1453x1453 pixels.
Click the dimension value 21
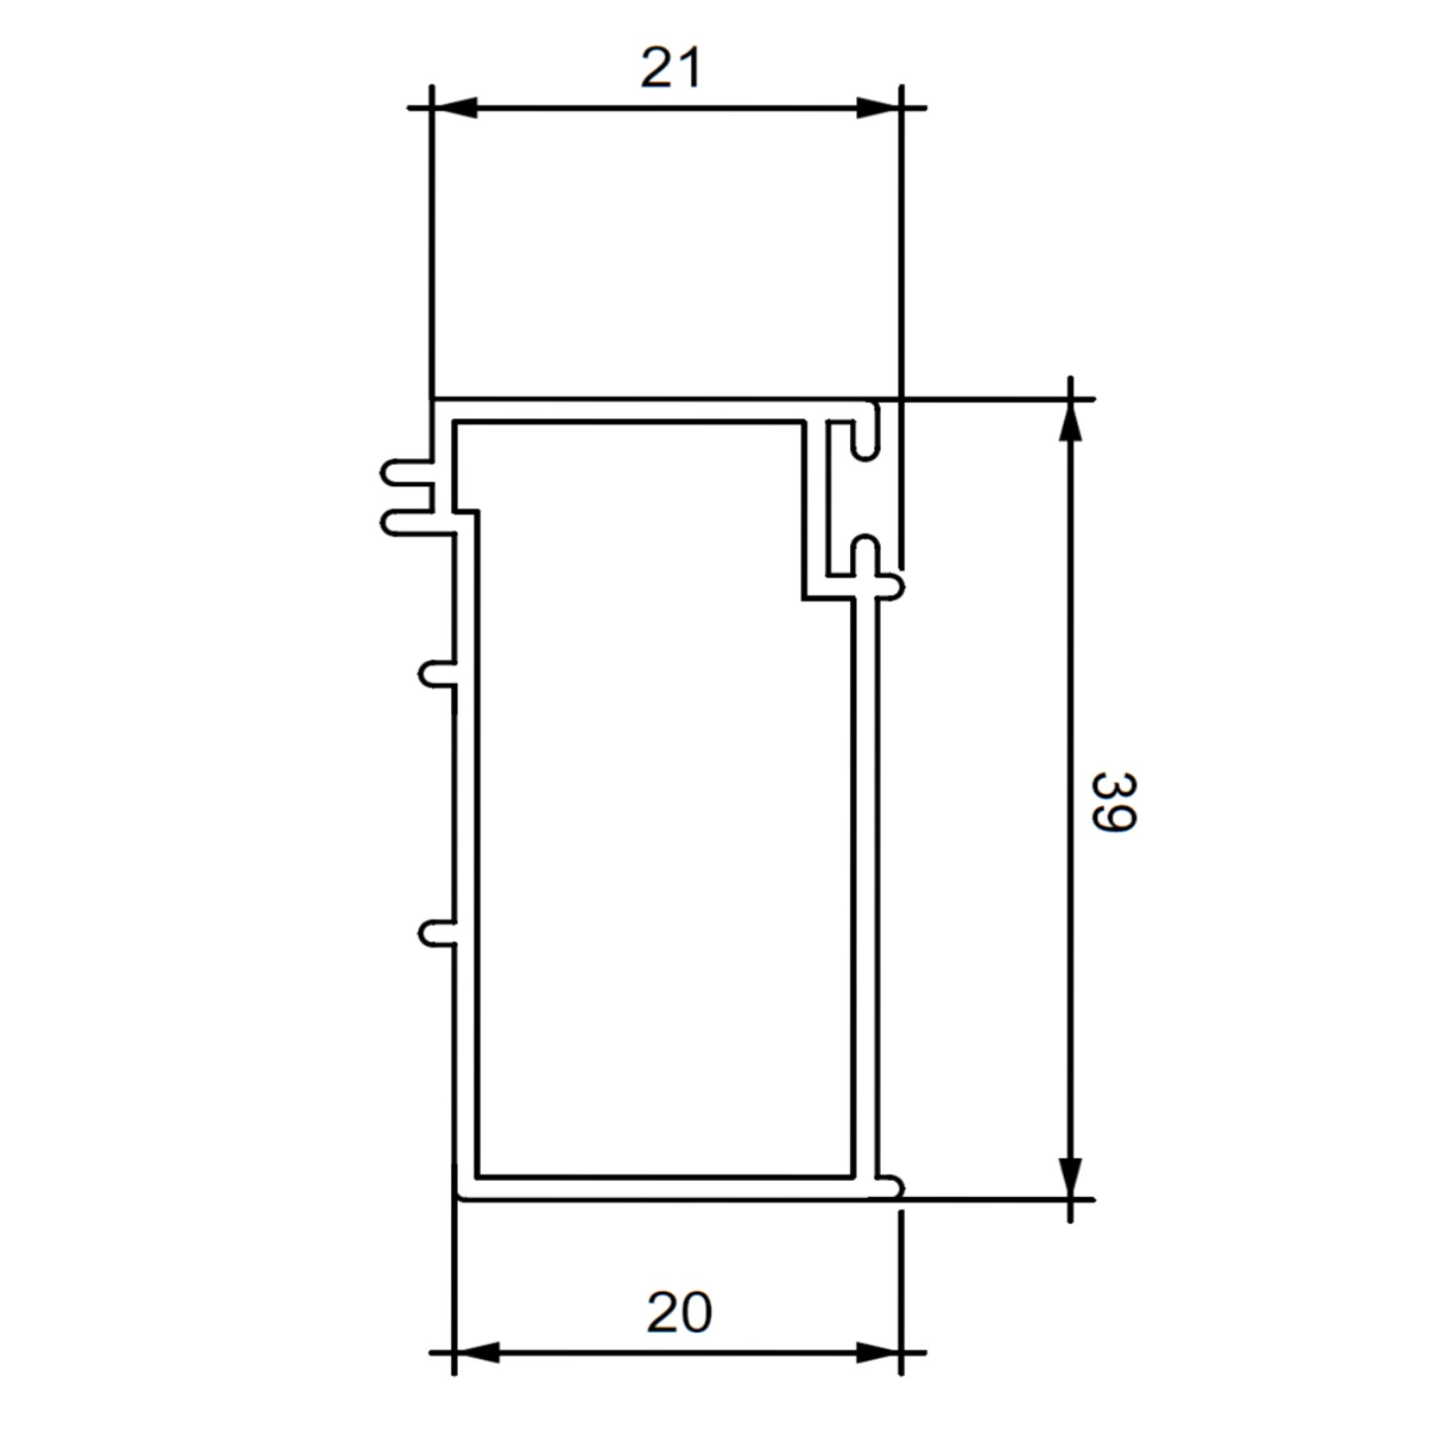(x=671, y=69)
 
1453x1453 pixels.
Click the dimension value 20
(x=679, y=1313)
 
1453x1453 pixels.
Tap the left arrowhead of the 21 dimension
(x=454, y=107)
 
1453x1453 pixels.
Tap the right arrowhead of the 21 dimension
(x=878, y=107)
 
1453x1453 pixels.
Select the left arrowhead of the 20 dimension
(x=476, y=1353)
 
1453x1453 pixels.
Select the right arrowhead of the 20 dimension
(x=878, y=1353)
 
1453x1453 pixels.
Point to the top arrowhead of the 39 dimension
(x=1070, y=421)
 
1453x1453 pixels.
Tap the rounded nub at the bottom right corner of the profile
(x=891, y=1187)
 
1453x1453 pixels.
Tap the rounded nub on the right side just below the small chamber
(x=891, y=587)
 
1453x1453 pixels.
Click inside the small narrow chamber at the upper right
(x=838, y=500)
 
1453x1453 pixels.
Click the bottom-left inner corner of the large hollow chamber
(x=478, y=1175)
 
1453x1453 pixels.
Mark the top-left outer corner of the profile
(x=432, y=399)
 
